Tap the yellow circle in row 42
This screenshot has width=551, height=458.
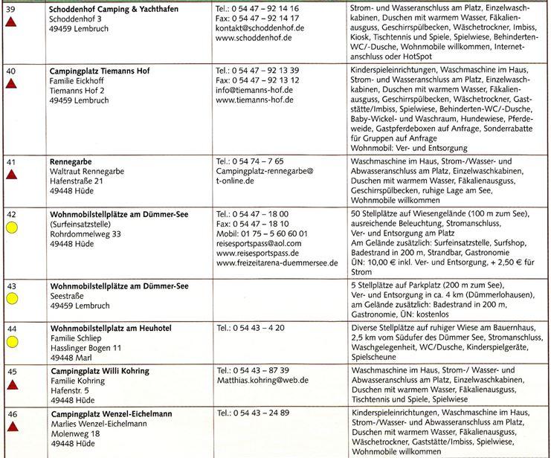click(x=12, y=229)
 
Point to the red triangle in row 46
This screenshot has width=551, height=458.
click(x=12, y=426)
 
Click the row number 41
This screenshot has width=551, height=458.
click(x=11, y=161)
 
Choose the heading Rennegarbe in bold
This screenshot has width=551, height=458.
click(x=71, y=161)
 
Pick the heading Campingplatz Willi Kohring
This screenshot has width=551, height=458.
click(x=100, y=370)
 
